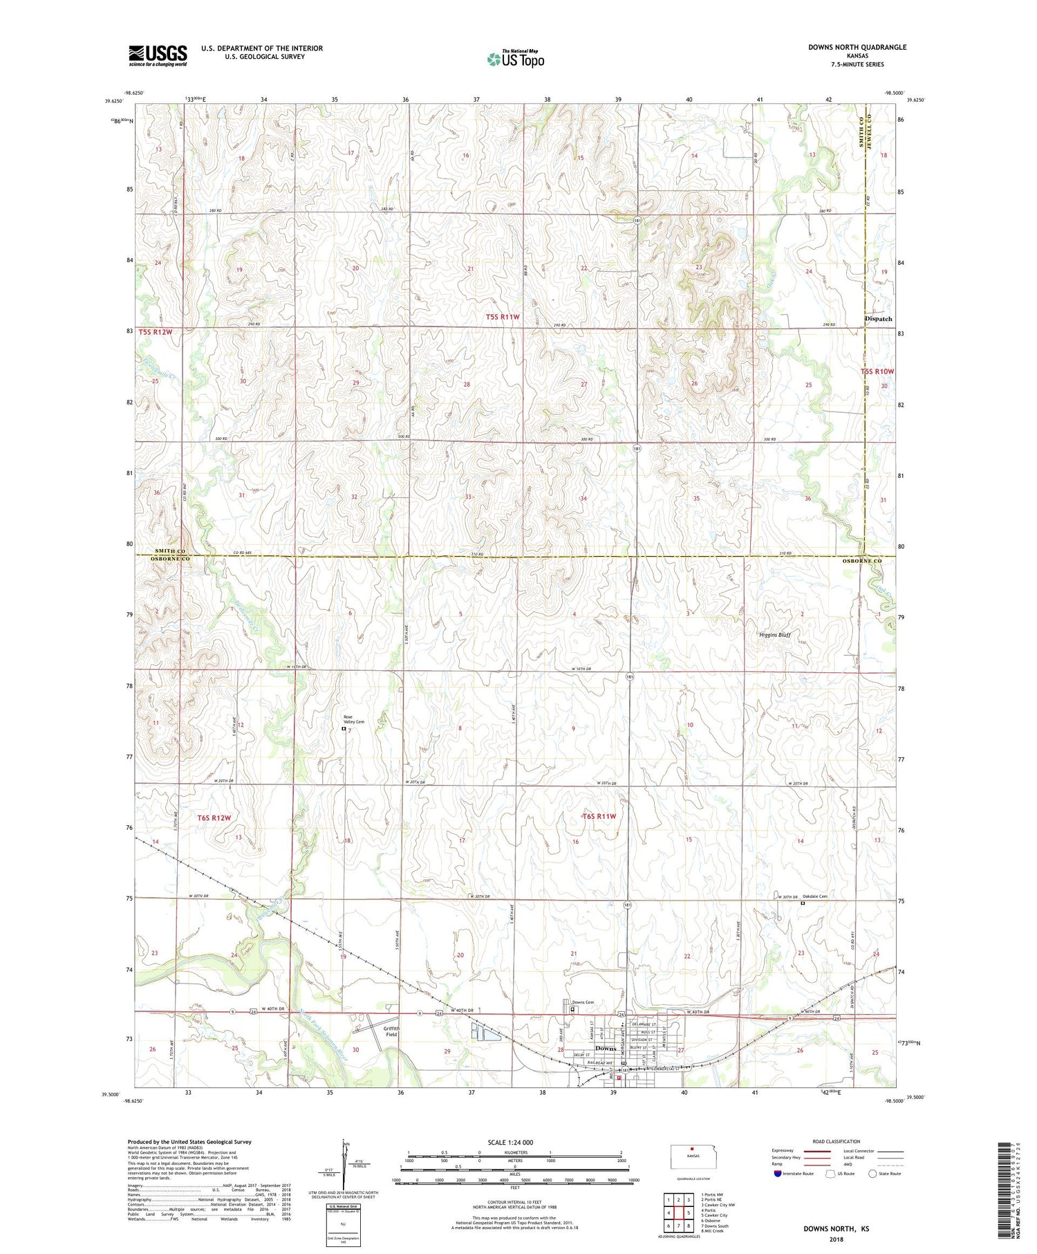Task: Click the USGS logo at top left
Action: coord(158,55)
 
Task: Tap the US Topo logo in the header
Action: coord(515,59)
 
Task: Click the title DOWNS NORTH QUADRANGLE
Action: coord(857,47)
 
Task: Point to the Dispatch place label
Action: coord(879,319)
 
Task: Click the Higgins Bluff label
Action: coord(774,634)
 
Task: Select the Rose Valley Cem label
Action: coord(354,719)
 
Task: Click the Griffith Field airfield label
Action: coord(391,1031)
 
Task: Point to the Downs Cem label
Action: coord(583,1002)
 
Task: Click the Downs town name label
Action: coord(606,1049)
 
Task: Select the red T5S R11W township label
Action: coord(503,317)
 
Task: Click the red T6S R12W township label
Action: coord(214,818)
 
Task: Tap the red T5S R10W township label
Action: coord(877,371)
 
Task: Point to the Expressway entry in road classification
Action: coord(784,1151)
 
